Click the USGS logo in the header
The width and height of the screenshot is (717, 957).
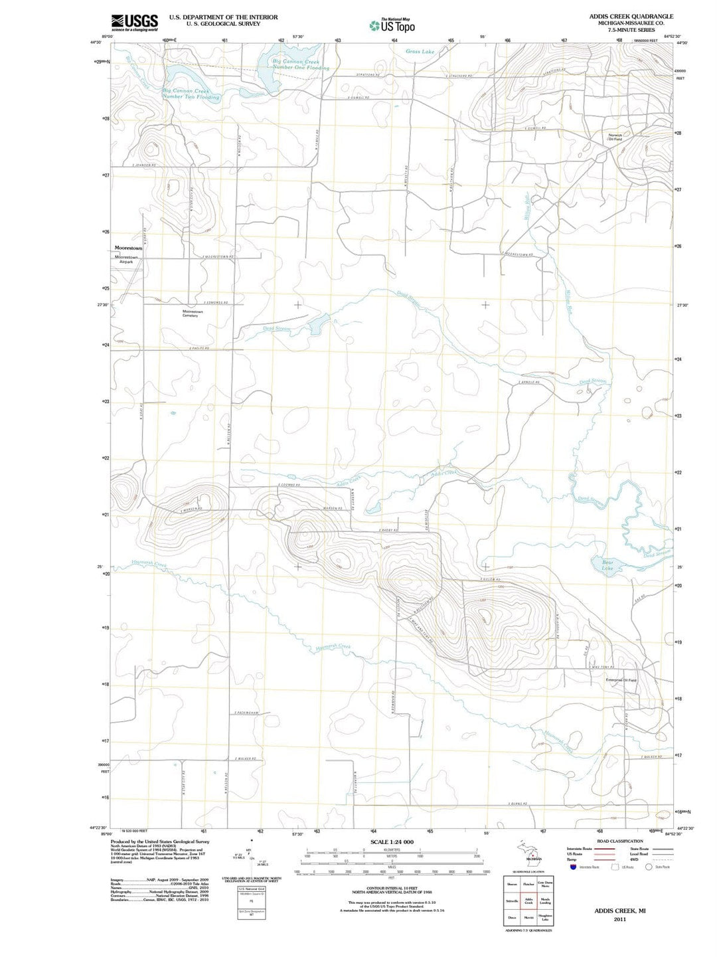point(135,23)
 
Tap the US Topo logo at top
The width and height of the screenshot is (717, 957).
point(393,25)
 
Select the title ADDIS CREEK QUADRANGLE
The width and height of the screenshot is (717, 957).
point(631,17)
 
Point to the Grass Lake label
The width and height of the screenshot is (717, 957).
point(420,51)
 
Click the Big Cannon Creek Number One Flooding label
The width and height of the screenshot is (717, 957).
point(300,65)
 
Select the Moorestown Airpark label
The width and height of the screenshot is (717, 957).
point(126,259)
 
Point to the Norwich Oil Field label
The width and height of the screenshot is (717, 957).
point(615,137)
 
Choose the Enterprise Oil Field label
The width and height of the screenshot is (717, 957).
point(621,680)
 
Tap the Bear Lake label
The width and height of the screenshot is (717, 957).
point(607,565)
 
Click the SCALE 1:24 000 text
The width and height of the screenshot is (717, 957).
point(391,842)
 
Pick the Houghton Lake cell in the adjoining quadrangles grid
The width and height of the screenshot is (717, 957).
point(545,918)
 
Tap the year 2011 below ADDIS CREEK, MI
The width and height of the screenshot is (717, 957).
point(619,919)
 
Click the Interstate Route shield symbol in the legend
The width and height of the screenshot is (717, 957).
point(572,867)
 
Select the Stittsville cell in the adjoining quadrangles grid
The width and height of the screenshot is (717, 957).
point(512,901)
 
